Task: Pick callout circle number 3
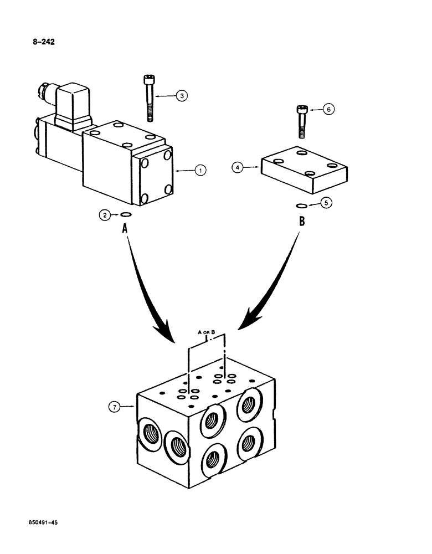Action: pos(182,96)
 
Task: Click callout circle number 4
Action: pos(238,166)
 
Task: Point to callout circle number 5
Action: pos(327,203)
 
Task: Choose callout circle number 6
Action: pos(328,110)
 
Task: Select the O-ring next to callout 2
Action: pos(126,216)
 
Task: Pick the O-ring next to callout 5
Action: pos(302,206)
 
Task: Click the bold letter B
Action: pos(301,222)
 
